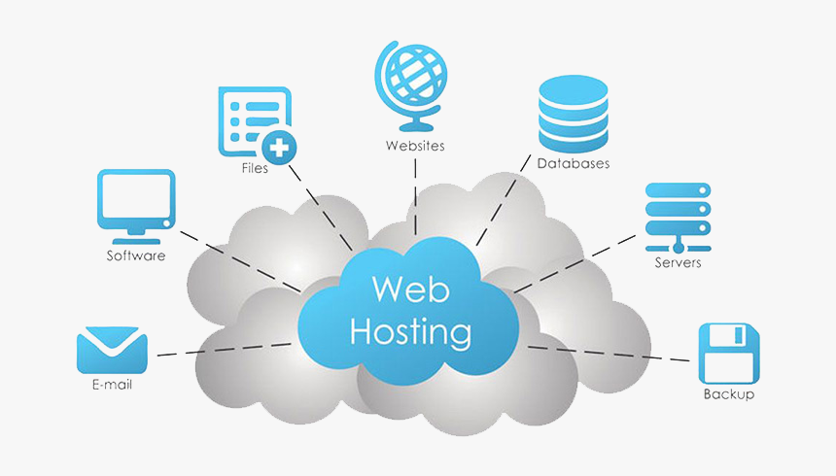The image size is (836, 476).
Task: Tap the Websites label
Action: coord(415,146)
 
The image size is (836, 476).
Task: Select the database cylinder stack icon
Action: coord(573,113)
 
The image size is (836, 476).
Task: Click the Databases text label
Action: coord(574,164)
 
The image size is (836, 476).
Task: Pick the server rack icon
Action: coord(678,213)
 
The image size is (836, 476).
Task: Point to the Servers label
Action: coord(678,262)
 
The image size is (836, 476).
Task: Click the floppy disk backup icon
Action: coord(728,354)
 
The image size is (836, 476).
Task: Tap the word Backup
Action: coord(728,394)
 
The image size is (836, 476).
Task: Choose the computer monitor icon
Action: coord(136,204)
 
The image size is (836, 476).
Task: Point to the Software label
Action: coord(135,256)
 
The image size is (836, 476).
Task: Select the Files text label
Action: coord(255,168)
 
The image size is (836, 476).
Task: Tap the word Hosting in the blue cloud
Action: coord(409,331)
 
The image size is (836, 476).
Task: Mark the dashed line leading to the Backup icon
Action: coord(612,353)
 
